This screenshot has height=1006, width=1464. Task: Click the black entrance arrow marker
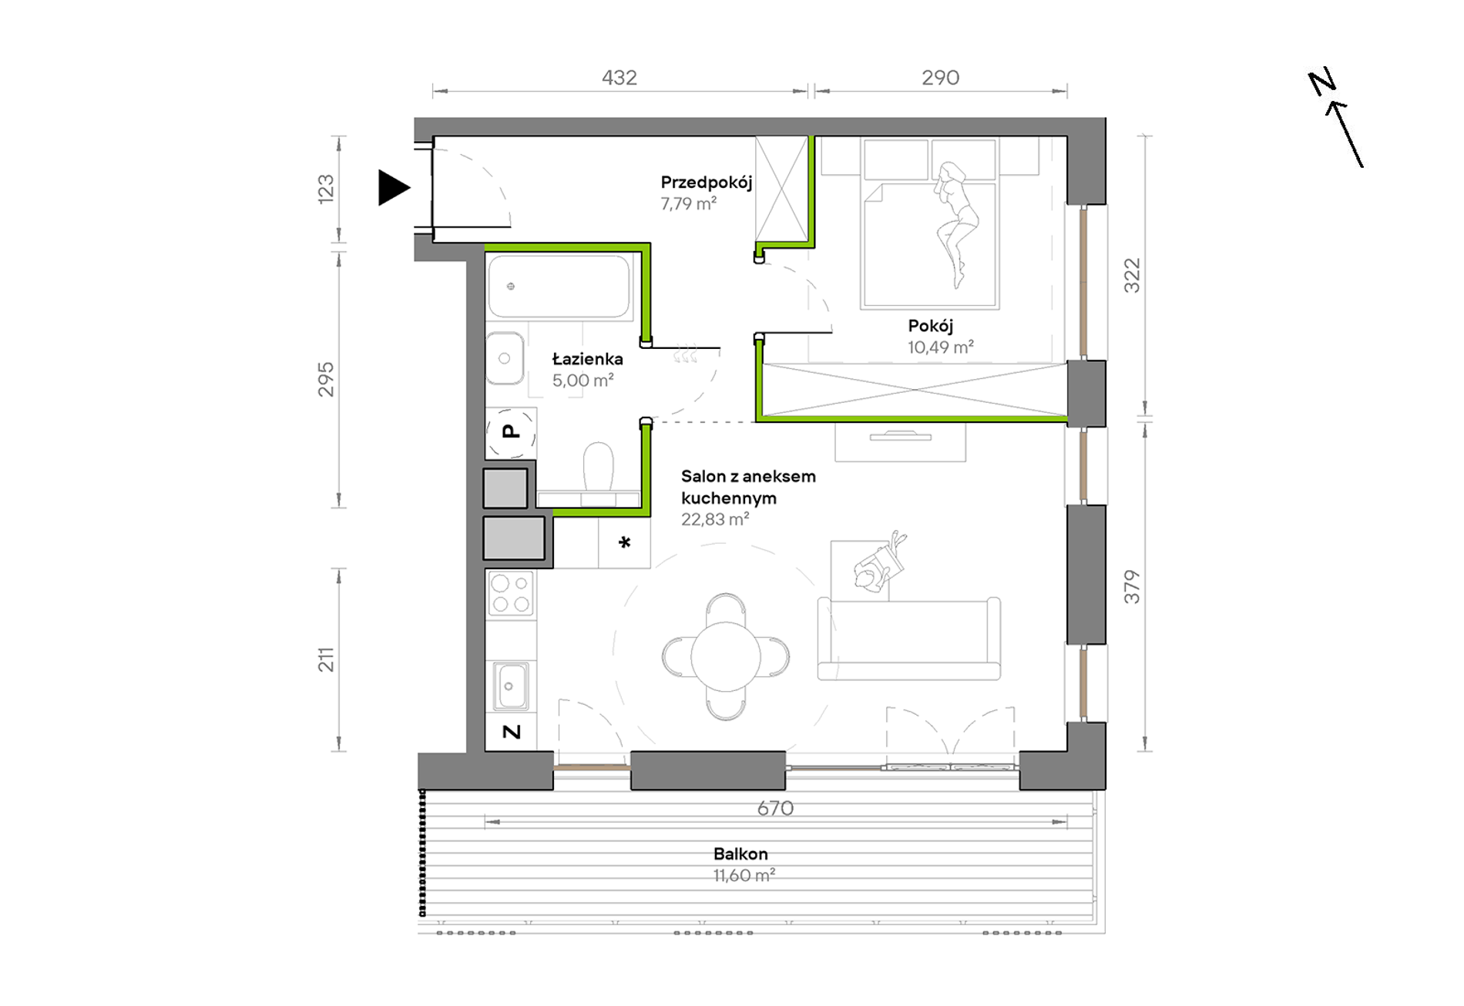392,188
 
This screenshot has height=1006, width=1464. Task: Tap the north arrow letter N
1321,82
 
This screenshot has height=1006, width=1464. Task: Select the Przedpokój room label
706,183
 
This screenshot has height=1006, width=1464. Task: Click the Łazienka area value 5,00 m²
583,380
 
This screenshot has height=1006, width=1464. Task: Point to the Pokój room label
930,326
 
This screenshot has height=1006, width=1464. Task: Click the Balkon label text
740,853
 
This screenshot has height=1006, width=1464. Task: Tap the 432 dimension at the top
620,78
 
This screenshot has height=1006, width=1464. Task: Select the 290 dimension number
941,78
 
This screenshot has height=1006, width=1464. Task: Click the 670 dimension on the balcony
775,808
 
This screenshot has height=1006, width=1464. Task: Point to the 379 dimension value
1131,586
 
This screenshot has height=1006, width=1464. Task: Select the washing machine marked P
511,432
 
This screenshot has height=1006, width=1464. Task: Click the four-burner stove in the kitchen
511,594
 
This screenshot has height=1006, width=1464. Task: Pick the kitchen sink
510,685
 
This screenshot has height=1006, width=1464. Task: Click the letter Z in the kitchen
512,732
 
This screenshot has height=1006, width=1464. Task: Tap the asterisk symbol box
624,543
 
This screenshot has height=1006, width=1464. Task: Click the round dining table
726,657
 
